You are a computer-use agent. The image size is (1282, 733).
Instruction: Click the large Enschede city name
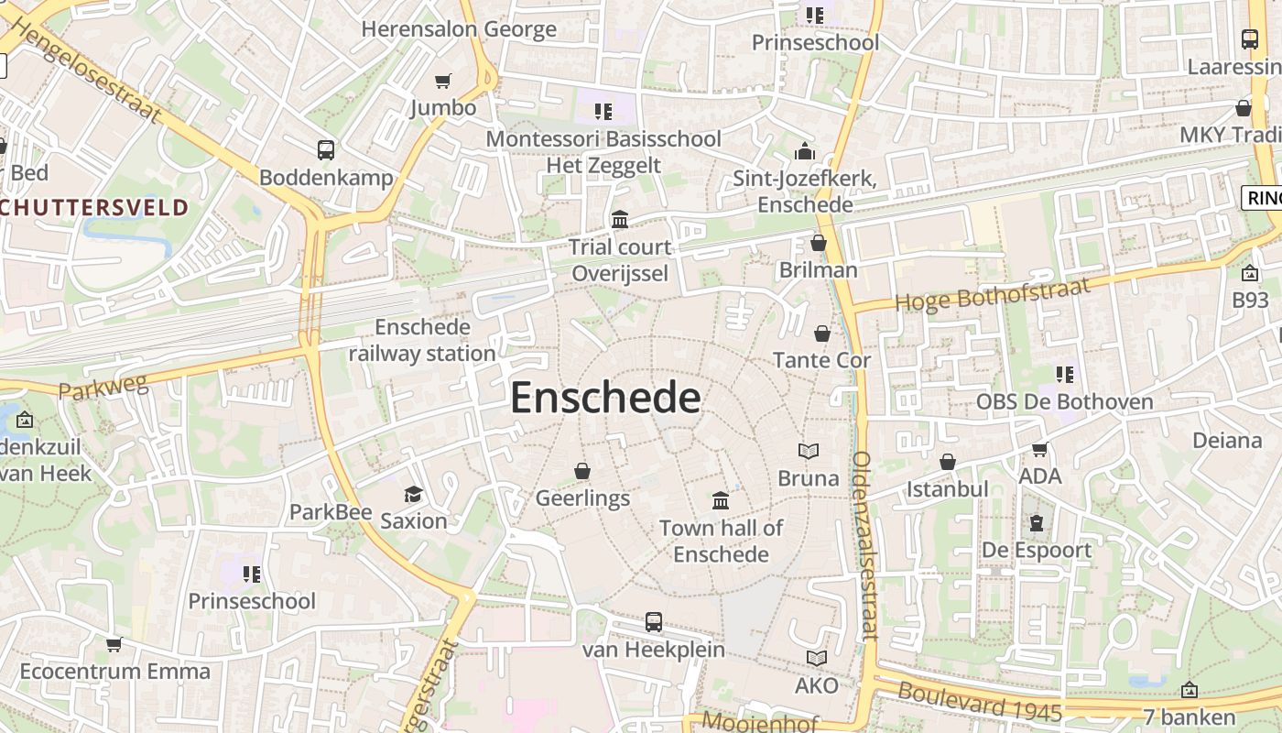pyautogui.click(x=605, y=399)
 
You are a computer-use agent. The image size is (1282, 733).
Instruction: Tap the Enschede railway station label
pyautogui.click(x=422, y=340)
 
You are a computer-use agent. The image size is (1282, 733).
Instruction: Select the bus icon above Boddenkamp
pyautogui.click(x=325, y=150)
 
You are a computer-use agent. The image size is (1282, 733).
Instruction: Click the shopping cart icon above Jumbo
pyautogui.click(x=443, y=81)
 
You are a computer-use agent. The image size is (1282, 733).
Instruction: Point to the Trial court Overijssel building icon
pyautogui.click(x=620, y=219)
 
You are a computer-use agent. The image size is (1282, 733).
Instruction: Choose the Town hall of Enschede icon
pyautogui.click(x=721, y=500)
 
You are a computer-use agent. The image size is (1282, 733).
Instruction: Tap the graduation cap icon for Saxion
pyautogui.click(x=414, y=494)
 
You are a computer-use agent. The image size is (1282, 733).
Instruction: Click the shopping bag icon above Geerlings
pyautogui.click(x=581, y=471)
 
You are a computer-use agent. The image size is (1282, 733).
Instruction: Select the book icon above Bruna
pyautogui.click(x=808, y=451)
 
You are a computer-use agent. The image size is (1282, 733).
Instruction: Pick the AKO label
pyautogui.click(x=816, y=685)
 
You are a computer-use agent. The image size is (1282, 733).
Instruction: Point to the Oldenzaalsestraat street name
pyautogui.click(x=864, y=545)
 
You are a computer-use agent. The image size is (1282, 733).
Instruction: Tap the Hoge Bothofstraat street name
pyautogui.click(x=993, y=294)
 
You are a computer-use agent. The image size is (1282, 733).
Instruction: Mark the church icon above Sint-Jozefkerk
pyautogui.click(x=805, y=151)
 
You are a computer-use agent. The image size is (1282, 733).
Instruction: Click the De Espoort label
pyautogui.click(x=1037, y=550)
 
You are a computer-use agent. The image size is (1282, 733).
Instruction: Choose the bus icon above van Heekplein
pyautogui.click(x=654, y=622)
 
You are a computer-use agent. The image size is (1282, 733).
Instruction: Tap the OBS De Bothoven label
pyautogui.click(x=1064, y=401)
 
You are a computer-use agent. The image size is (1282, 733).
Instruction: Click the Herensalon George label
pyautogui.click(x=459, y=28)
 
